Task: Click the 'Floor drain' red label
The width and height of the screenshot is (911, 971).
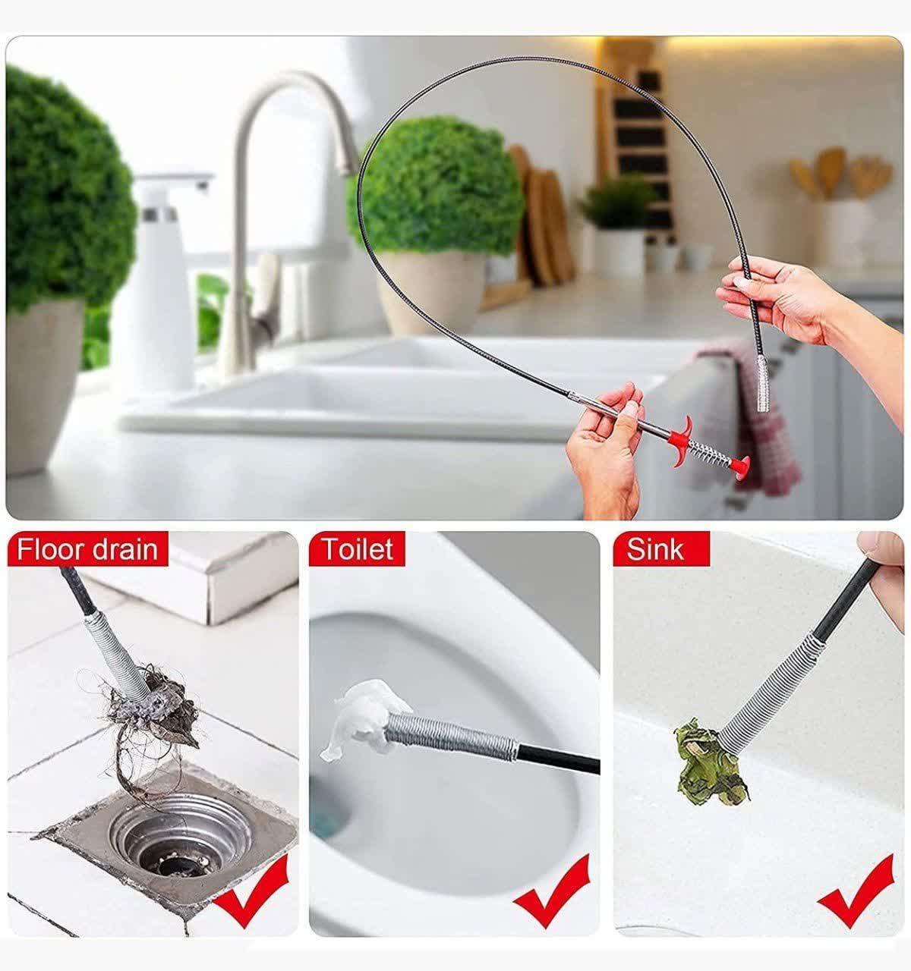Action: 87,549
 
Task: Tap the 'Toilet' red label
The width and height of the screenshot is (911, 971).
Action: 357,549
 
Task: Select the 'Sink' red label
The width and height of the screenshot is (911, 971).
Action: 661,549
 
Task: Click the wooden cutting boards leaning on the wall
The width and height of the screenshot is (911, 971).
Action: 541,215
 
